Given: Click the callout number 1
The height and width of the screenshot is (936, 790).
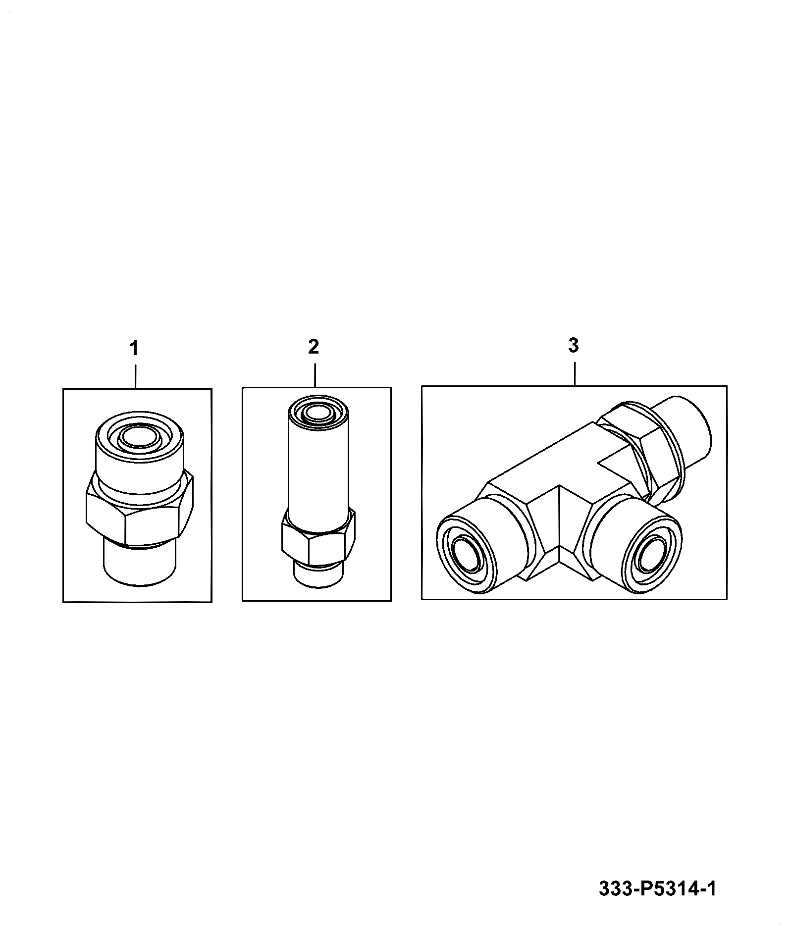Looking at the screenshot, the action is [134, 349].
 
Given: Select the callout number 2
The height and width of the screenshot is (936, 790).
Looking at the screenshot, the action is [314, 347].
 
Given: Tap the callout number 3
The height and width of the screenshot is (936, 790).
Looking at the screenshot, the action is [573, 346].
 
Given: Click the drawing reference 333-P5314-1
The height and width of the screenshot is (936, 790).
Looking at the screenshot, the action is [657, 888].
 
